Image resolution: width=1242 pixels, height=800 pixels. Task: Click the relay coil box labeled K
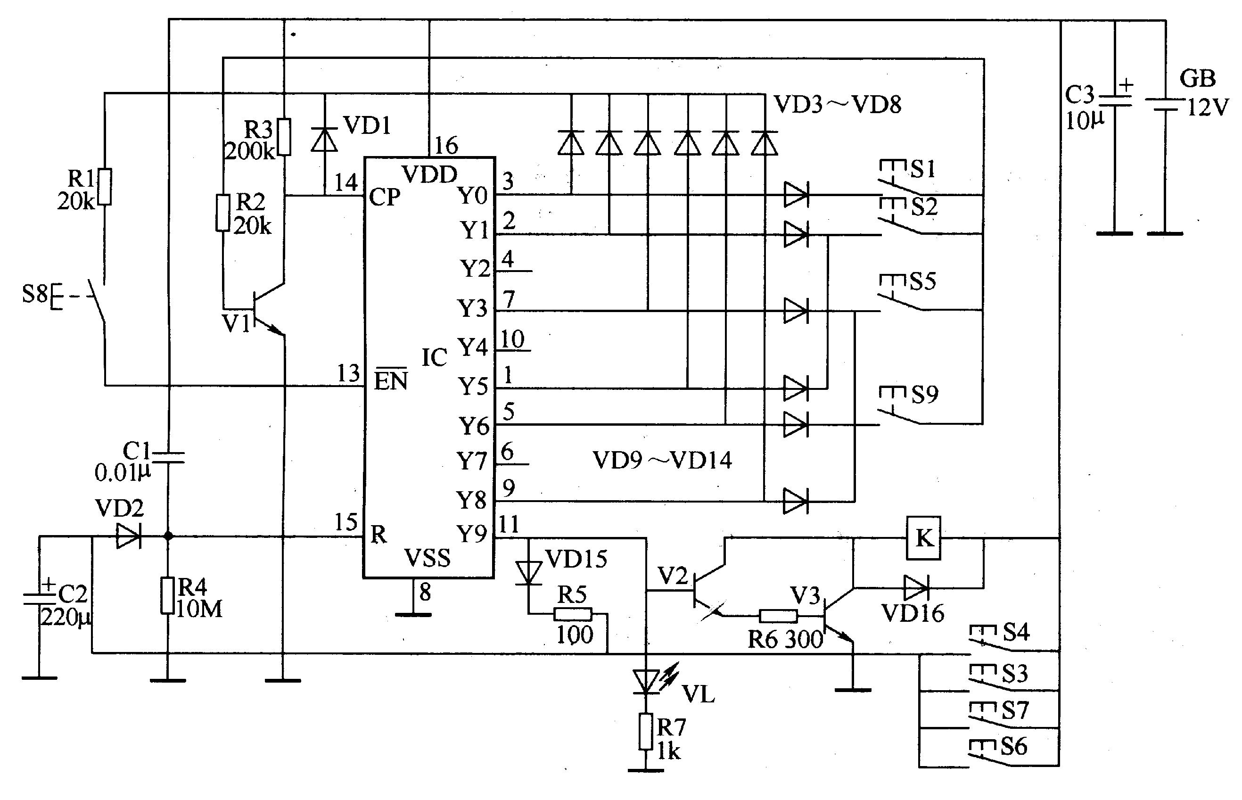(923, 538)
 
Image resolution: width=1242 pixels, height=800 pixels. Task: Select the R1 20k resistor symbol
(105, 187)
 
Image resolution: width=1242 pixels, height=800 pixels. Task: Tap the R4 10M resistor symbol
(167, 595)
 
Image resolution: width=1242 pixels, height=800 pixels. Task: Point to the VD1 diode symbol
(324, 139)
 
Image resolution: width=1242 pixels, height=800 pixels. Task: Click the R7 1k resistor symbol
(646, 732)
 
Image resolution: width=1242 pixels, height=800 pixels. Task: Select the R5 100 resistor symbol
(572, 615)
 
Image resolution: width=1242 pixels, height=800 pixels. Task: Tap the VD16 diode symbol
(916, 588)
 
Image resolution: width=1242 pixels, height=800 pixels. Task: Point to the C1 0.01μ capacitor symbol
(167, 457)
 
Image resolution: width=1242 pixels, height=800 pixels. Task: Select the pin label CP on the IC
(385, 197)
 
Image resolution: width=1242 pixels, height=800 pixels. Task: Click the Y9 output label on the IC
(472, 534)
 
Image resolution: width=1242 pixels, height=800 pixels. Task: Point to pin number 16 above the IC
(446, 146)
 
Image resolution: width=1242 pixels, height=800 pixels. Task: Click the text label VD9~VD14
(662, 460)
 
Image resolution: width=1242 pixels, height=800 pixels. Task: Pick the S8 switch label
(35, 294)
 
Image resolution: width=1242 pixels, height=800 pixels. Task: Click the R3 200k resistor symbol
(284, 137)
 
